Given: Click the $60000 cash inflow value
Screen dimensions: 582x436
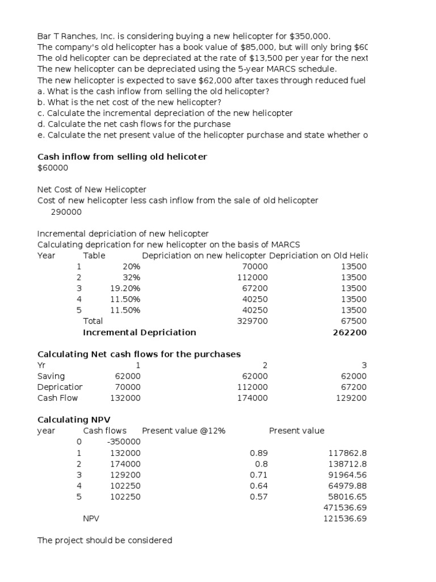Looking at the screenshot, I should coord(53,168).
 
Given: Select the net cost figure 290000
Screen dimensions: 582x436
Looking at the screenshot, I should coord(66,212).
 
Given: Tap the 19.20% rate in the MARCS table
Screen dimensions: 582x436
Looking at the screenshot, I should coord(125,289).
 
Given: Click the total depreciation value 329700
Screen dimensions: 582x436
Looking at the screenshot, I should coord(252,321).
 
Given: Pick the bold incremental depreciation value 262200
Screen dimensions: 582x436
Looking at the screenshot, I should coord(349,332).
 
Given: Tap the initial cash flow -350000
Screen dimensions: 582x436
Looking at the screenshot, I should coord(123,442).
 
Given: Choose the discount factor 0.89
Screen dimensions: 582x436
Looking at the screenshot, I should coord(259,453).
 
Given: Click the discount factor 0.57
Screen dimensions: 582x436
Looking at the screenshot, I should coord(259,497).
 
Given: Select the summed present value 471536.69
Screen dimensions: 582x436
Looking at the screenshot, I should coord(345,508).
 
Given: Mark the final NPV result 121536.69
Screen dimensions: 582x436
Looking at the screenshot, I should coord(345,519).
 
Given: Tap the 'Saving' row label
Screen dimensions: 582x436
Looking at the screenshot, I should coord(51,376).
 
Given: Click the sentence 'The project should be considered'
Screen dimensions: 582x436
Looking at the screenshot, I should coord(104,541).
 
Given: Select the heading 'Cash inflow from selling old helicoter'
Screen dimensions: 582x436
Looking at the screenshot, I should coord(122,156).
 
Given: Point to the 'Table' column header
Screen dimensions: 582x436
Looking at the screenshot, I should coord(94,256).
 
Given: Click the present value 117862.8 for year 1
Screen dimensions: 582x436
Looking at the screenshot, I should coord(347,453).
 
